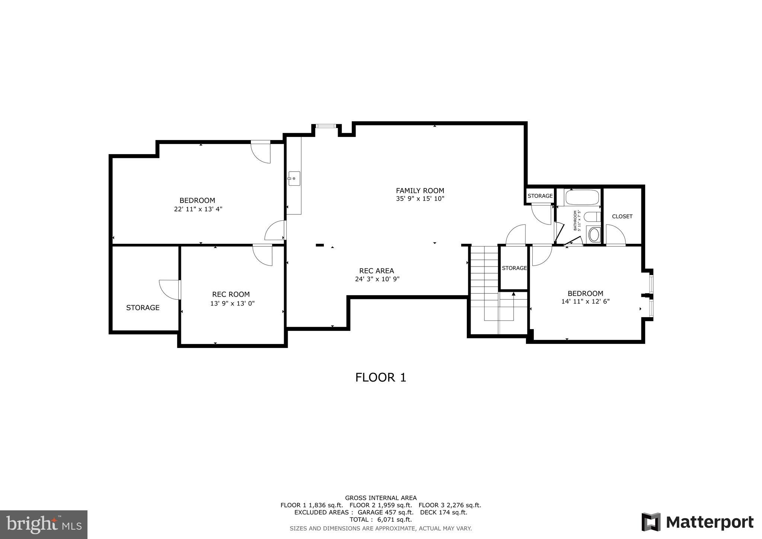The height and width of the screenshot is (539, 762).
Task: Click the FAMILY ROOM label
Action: click(420, 191)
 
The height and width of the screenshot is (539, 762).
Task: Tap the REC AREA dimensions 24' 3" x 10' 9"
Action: click(377, 279)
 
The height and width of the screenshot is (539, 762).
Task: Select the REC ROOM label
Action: click(231, 294)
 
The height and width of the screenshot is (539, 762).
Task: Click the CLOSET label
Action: click(622, 216)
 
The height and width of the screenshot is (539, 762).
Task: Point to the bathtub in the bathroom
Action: click(582, 198)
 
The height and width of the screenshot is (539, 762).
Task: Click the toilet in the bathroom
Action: click(592, 217)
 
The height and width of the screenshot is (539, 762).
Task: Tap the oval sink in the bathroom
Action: click(594, 235)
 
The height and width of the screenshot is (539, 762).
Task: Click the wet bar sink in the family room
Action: click(294, 179)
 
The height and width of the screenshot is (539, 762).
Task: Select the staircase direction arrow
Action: click(513, 294)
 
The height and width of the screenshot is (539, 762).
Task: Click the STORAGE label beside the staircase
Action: click(514, 268)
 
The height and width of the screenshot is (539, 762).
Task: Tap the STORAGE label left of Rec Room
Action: click(143, 308)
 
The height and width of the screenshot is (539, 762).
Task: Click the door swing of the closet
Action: click(615, 235)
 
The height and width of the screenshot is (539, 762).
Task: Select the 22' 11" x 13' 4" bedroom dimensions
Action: click(198, 209)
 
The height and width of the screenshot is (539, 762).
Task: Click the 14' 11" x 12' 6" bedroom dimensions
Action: click(585, 302)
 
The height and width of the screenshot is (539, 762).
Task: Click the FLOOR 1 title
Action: click(380, 377)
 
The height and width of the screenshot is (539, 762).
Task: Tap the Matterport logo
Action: click(698, 522)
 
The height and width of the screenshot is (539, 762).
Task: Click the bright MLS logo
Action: click(44, 524)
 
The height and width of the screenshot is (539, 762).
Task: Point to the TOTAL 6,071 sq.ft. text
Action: click(380, 519)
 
